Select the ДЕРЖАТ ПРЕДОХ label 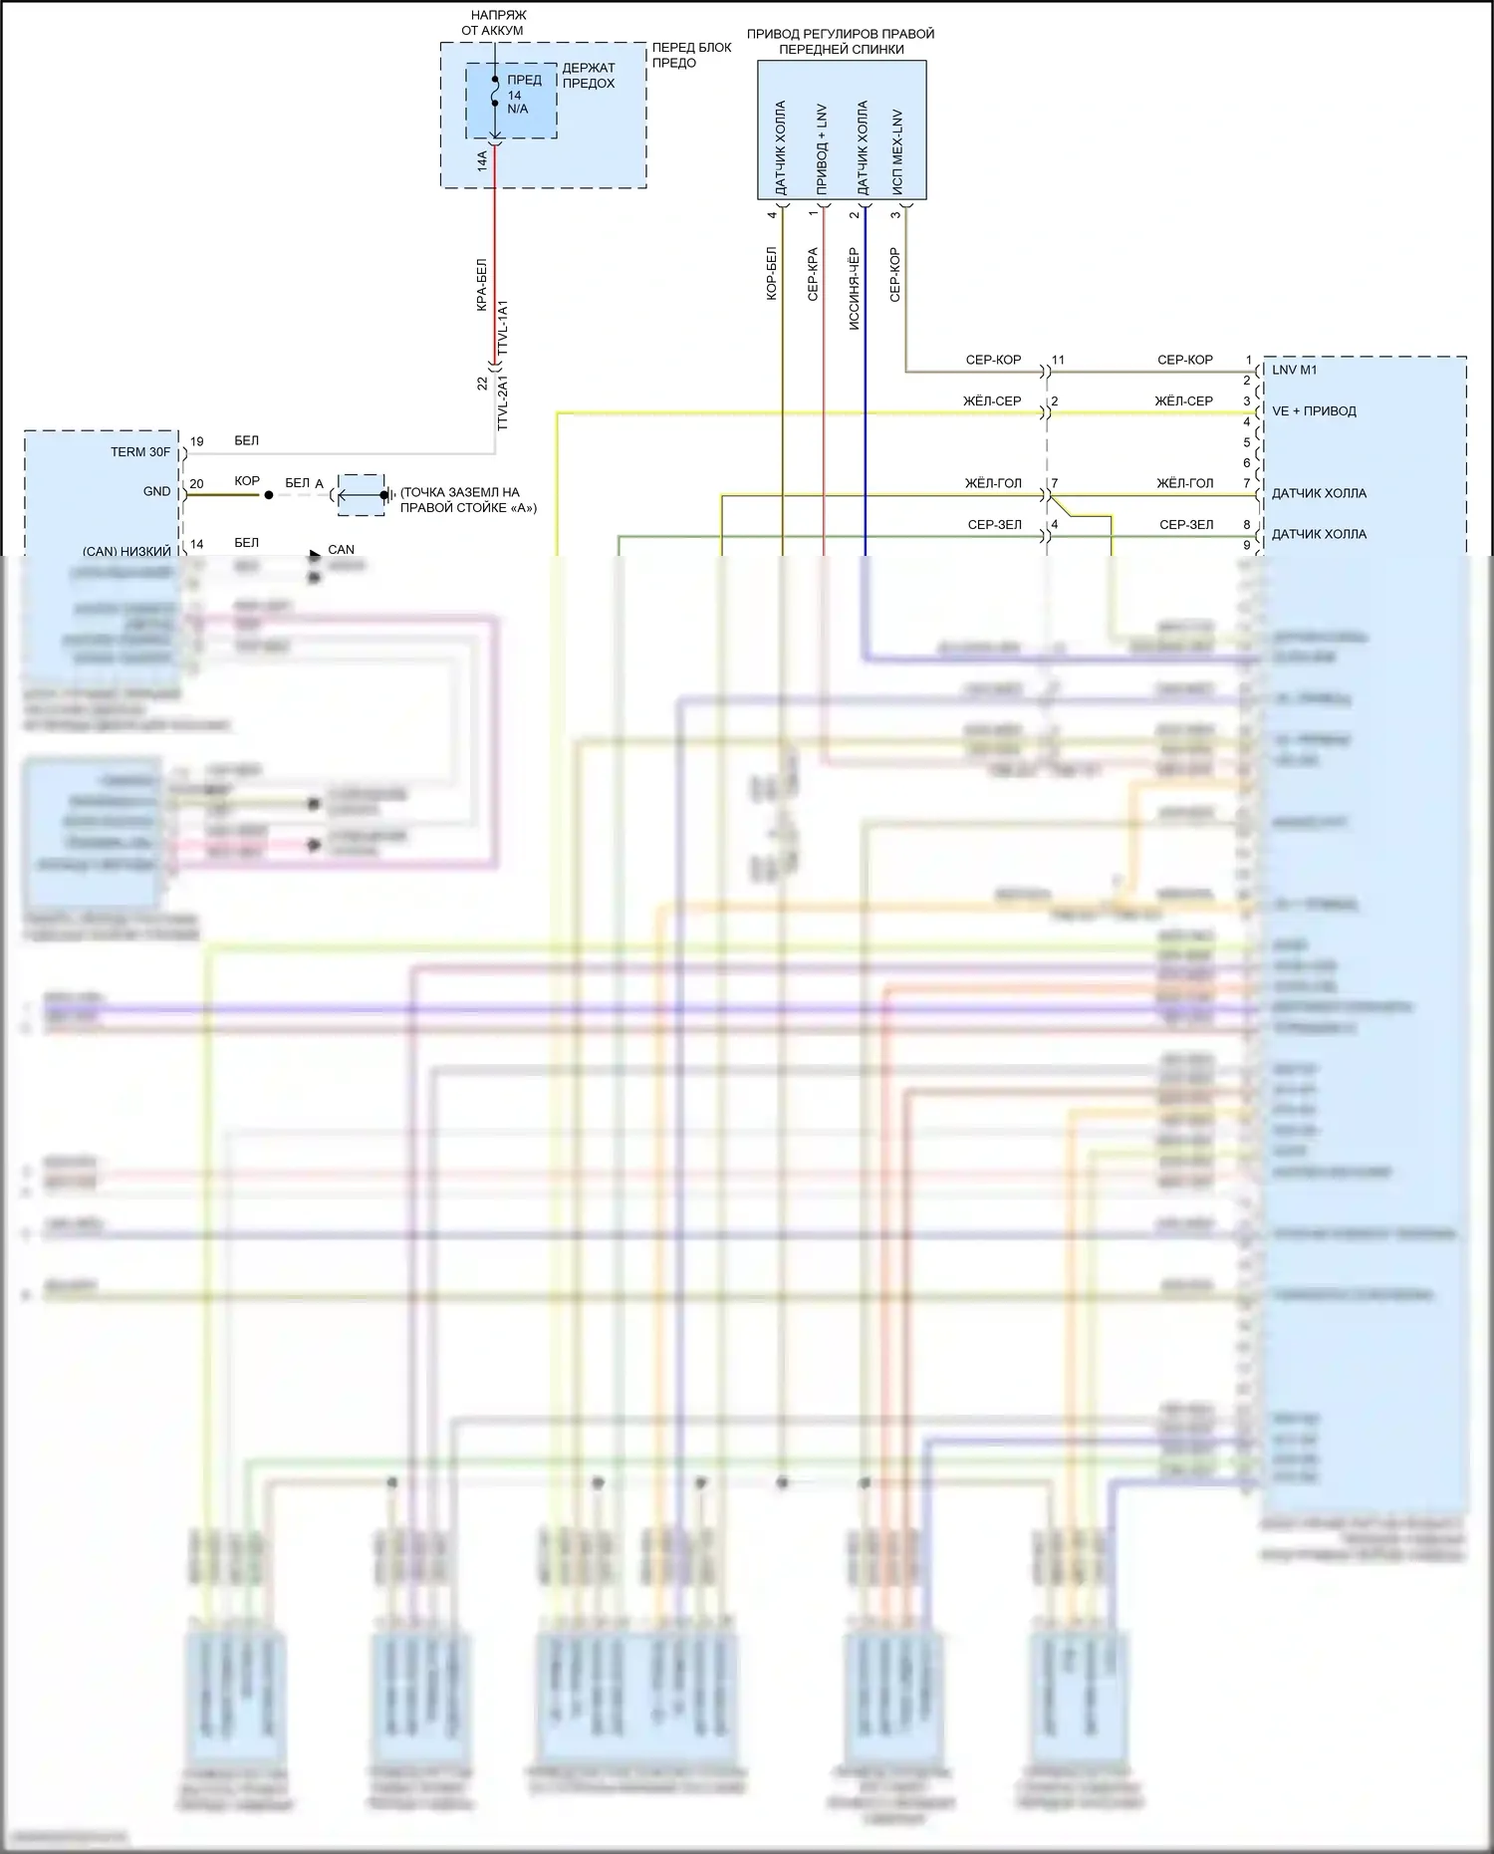(x=589, y=76)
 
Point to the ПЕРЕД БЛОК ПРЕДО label (x=691, y=55)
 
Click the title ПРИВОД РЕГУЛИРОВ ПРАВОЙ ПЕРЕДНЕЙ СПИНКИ (x=841, y=41)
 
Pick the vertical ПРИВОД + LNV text (x=822, y=148)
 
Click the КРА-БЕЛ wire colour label (x=481, y=285)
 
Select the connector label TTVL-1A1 (x=503, y=328)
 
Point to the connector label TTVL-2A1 (x=503, y=402)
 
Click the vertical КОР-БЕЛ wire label (x=771, y=274)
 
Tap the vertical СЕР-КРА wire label (x=813, y=274)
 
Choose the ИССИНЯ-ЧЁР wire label (x=854, y=289)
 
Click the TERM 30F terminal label (x=140, y=452)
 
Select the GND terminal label (x=157, y=491)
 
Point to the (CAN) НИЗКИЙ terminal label (x=126, y=551)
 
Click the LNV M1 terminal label (x=1294, y=370)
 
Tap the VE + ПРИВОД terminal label (x=1314, y=410)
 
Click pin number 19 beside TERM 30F (x=197, y=441)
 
